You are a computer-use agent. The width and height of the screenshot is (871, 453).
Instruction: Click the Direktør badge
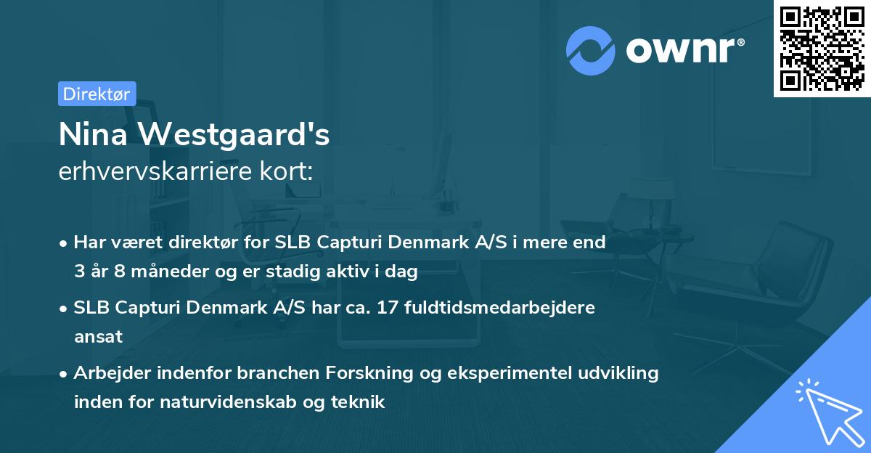click(x=97, y=94)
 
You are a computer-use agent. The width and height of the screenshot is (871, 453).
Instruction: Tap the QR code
click(x=822, y=48)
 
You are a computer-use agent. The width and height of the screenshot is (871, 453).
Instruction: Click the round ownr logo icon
click(x=590, y=51)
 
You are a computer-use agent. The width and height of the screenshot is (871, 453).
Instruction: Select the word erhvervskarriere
click(x=150, y=171)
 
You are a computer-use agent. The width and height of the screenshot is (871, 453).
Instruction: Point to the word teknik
click(x=359, y=401)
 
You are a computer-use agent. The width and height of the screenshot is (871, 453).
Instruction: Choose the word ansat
click(x=98, y=337)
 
